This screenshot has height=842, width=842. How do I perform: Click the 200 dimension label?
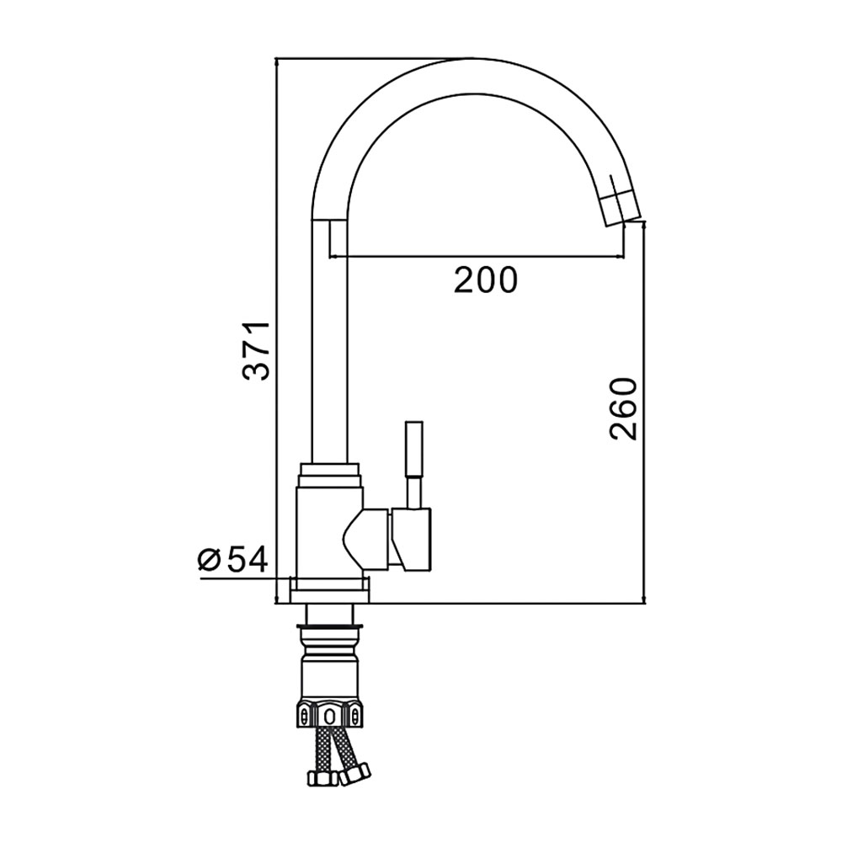[486, 280]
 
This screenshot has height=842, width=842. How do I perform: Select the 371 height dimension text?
[255, 352]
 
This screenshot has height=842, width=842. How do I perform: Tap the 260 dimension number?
[622, 408]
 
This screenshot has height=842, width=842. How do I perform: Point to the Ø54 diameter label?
[232, 561]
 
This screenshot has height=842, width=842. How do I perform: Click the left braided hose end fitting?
[320, 779]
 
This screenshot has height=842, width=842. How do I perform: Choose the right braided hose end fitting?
[356, 773]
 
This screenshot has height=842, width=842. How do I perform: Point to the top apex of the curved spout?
[471, 58]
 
